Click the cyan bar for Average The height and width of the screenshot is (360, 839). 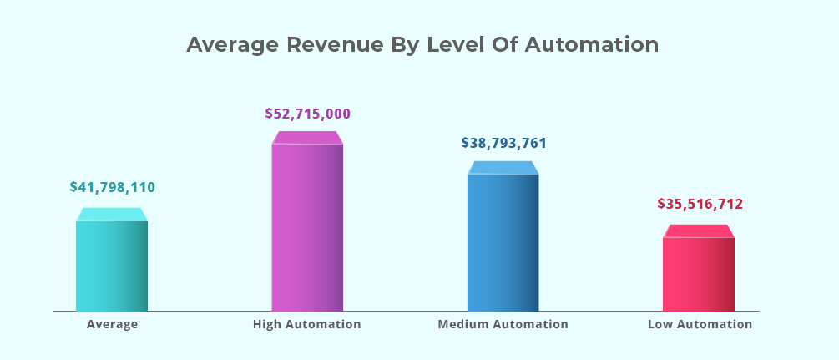point(112,266)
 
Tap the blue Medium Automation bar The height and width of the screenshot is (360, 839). point(503,242)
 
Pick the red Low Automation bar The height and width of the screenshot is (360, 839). point(699,274)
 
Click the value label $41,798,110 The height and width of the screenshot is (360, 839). point(112,188)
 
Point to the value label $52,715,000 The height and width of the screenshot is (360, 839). point(308,114)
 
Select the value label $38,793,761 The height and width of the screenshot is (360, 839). point(503,143)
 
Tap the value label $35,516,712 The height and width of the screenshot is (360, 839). point(700,204)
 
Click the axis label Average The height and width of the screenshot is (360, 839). point(112,324)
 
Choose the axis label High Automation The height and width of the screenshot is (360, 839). point(307,324)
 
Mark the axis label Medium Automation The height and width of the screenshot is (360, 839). point(503,324)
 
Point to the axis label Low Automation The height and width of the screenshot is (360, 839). point(700,324)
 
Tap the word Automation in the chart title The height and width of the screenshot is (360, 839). point(592,45)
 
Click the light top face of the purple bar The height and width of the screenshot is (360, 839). point(307,138)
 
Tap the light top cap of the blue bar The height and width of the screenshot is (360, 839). point(503,168)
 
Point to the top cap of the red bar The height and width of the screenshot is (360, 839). point(699,231)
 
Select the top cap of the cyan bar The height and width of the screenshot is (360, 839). point(112,215)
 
